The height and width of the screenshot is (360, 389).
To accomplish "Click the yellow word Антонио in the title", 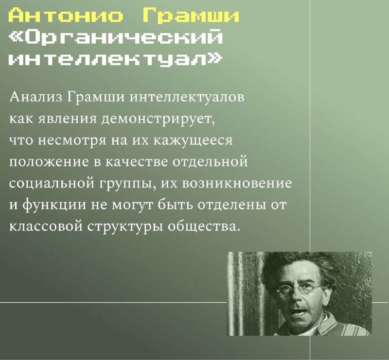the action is point(66,16).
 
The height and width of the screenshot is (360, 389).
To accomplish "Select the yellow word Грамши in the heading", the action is point(191,16).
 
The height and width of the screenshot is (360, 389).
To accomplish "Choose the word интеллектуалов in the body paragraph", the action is point(187,97).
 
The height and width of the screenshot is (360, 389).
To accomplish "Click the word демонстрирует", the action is point(158,119).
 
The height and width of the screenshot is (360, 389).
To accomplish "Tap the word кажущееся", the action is point(193,141).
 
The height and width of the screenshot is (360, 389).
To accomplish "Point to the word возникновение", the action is point(237,184).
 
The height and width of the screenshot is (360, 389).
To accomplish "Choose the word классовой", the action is point(46,226).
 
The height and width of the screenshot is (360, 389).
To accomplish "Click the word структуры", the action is point(125,227).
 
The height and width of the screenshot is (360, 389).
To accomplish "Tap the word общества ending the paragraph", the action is point(204,226).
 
